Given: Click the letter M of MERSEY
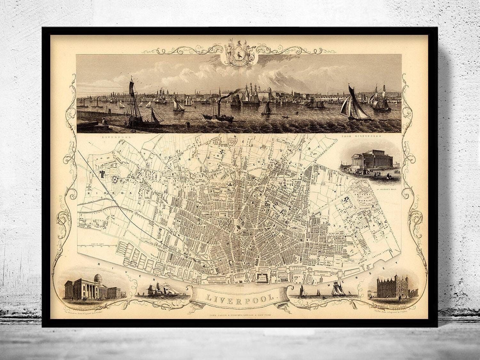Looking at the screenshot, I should tap(332, 284).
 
